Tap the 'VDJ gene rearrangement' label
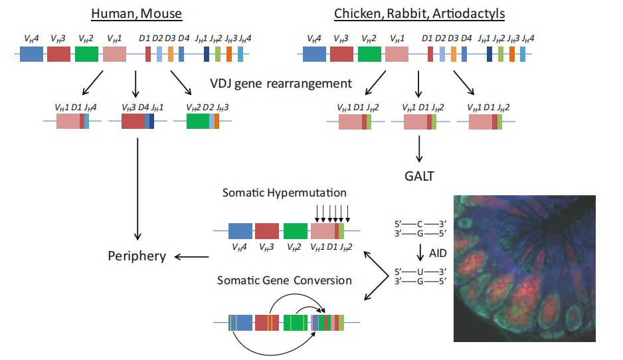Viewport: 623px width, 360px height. (x=281, y=84)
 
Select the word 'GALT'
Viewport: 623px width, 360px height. (x=419, y=177)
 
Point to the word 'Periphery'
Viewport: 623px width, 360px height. (x=137, y=256)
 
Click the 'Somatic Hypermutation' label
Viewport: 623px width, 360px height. (x=284, y=193)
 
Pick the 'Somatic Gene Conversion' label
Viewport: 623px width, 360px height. (x=284, y=280)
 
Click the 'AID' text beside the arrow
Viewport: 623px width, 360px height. (x=438, y=253)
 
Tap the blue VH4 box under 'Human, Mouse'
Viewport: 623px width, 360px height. (x=31, y=54)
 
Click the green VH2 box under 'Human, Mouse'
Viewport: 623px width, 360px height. (x=86, y=54)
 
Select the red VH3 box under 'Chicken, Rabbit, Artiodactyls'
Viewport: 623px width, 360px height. (x=341, y=54)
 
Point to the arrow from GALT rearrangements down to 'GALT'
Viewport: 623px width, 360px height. (x=419, y=149)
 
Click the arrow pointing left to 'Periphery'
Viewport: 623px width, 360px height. (x=193, y=256)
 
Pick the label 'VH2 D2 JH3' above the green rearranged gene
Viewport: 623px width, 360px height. (x=201, y=107)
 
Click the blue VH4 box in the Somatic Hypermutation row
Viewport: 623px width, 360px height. (x=240, y=230)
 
